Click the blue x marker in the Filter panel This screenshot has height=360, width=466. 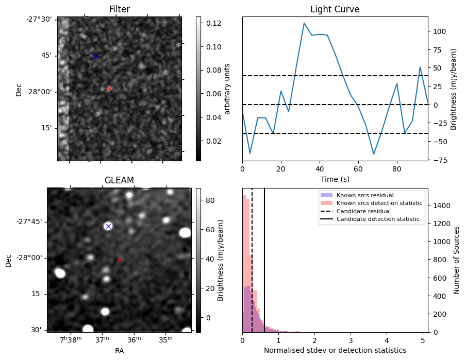[x=95, y=57]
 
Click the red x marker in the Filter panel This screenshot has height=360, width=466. [x=109, y=89]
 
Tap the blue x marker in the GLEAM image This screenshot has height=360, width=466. [x=108, y=226]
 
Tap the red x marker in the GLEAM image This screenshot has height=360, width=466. [x=120, y=260]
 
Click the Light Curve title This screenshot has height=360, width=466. [x=335, y=9]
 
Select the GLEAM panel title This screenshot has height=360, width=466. [x=119, y=180]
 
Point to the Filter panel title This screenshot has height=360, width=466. [x=119, y=9]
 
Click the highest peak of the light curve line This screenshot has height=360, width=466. [x=304, y=23]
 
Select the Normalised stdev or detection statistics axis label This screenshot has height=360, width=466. [x=335, y=350]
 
